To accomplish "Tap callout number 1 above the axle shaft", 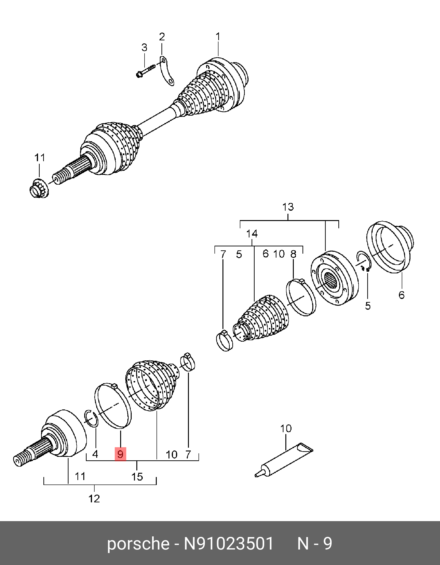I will (x=218, y=37).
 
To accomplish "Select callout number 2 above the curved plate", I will (x=162, y=37).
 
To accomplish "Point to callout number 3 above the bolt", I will (x=144, y=48).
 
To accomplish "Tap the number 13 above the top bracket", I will (x=288, y=207).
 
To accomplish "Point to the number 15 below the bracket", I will (x=137, y=477).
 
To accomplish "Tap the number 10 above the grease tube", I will (x=286, y=429).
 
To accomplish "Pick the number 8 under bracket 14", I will (x=293, y=254).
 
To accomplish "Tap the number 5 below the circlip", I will (x=367, y=306).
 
